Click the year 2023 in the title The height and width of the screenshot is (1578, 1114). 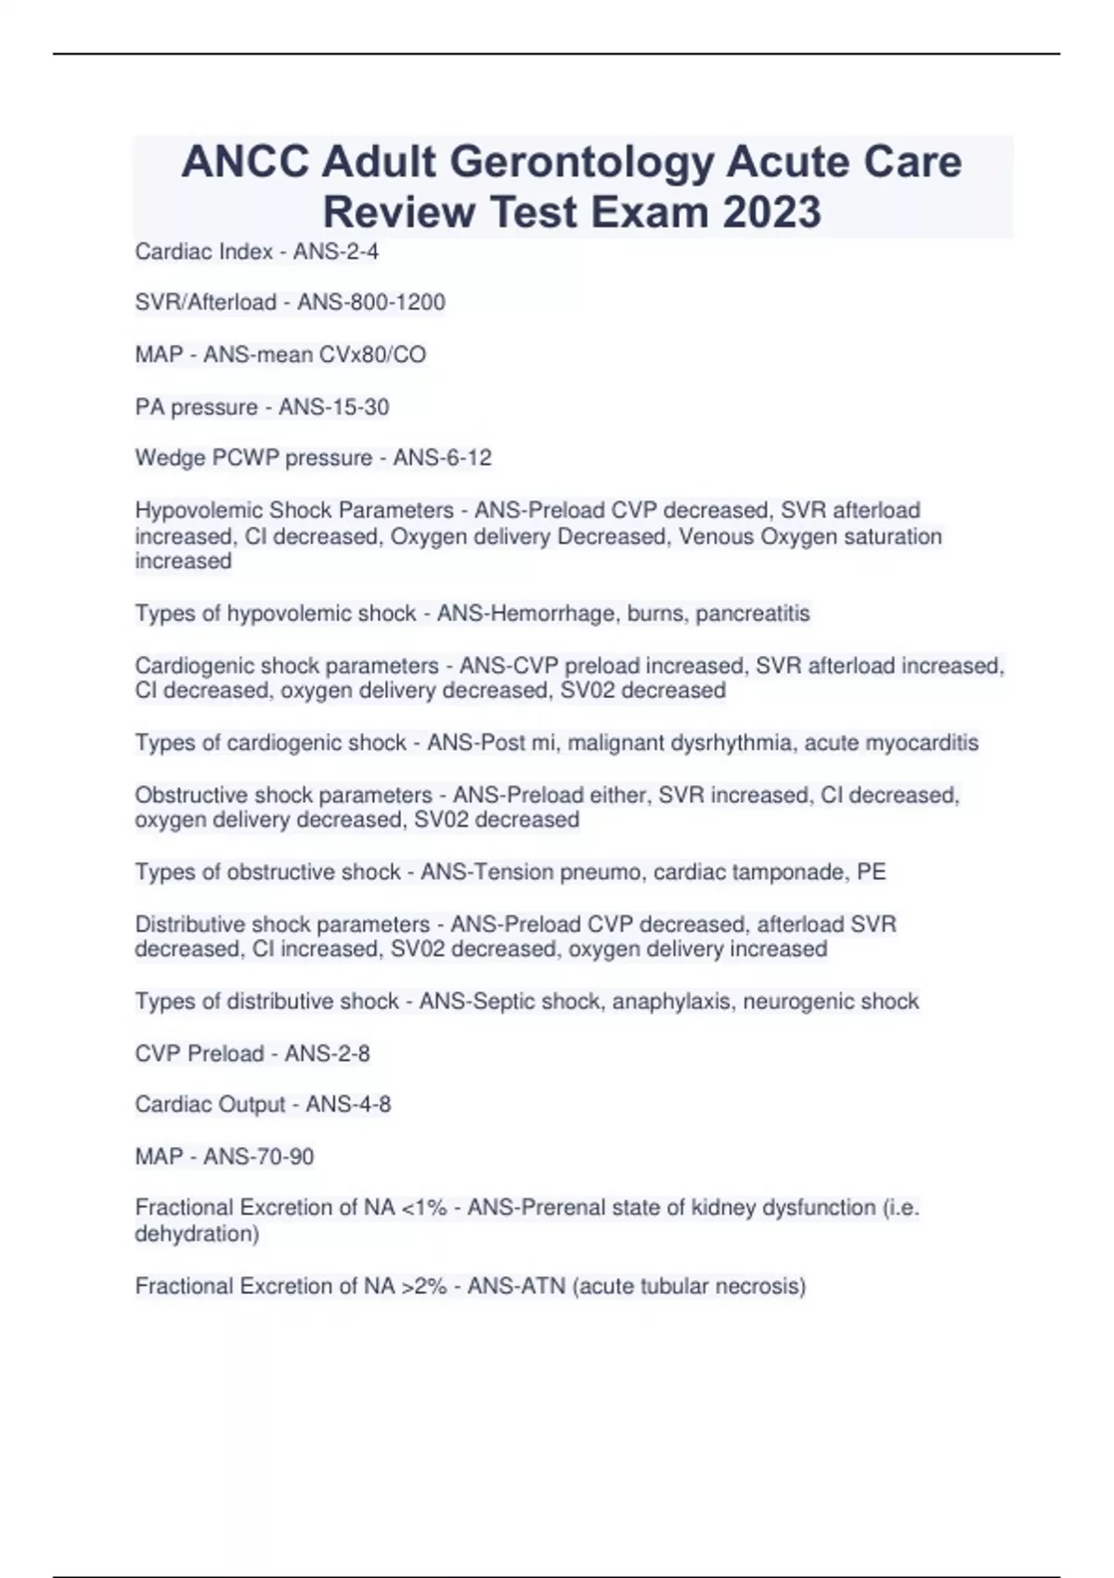[x=771, y=212]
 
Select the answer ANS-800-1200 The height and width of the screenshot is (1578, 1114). [x=370, y=303]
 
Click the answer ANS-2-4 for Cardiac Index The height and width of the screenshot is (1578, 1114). [x=336, y=252]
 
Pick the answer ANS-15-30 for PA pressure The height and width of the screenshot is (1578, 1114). [x=333, y=407]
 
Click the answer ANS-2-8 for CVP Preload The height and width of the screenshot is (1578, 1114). [x=327, y=1054]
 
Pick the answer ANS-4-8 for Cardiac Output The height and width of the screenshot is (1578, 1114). [x=348, y=1105]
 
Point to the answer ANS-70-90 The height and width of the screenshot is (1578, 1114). [x=258, y=1157]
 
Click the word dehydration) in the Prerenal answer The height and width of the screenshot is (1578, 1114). [x=197, y=1234]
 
